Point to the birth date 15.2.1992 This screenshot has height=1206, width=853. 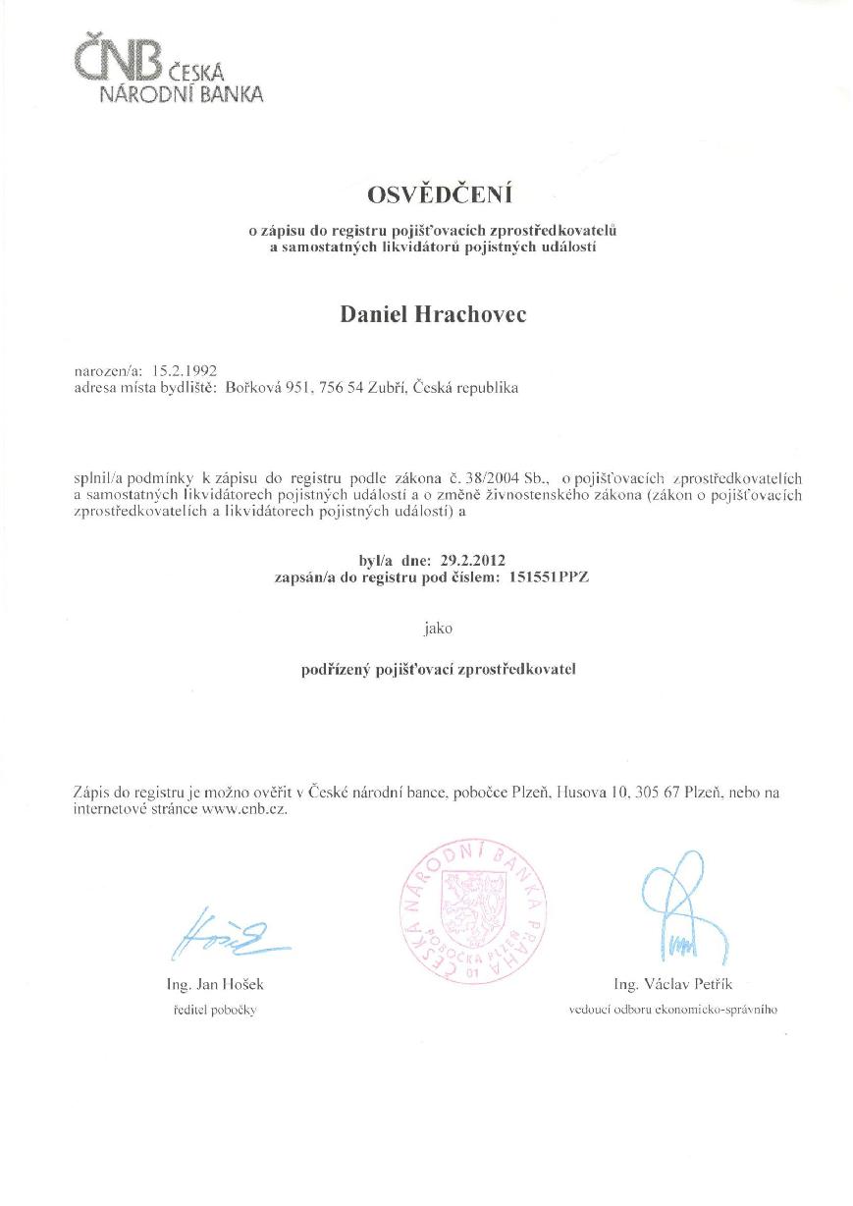(183, 370)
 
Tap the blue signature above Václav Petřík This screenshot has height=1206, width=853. (678, 907)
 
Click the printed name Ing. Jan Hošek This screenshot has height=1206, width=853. (216, 984)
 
